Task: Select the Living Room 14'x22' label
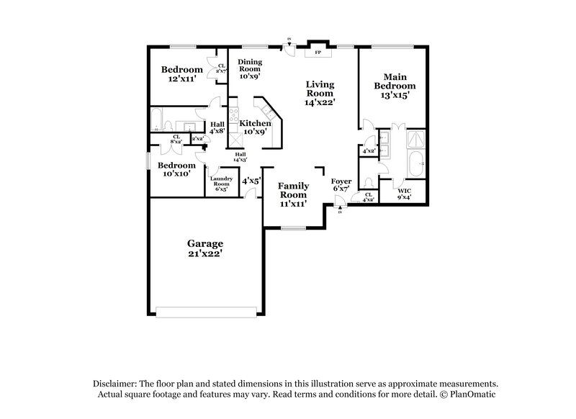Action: (320, 93)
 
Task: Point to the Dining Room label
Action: (250, 68)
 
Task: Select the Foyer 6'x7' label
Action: (341, 184)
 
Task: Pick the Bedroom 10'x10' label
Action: (176, 169)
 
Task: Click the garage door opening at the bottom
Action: (206, 312)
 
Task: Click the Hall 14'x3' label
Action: (240, 156)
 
